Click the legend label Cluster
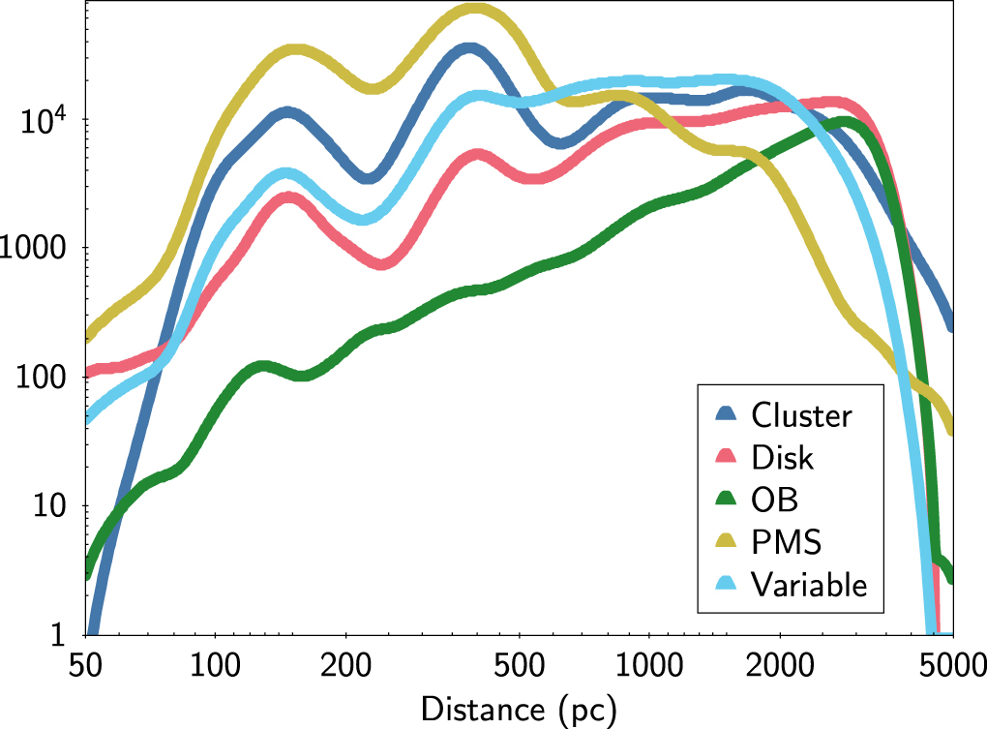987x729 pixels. click(801, 415)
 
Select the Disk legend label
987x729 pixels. click(782, 457)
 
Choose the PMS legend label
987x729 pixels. click(786, 542)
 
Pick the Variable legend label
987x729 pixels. click(809, 584)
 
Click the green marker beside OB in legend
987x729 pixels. click(727, 500)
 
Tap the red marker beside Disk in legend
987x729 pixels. click(727, 457)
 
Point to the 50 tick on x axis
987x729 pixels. click(86, 665)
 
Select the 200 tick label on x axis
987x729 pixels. click(345, 665)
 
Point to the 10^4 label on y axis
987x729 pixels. click(45, 119)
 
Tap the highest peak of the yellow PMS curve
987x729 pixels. click(475, 10)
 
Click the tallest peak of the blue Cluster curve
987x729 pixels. click(469, 48)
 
